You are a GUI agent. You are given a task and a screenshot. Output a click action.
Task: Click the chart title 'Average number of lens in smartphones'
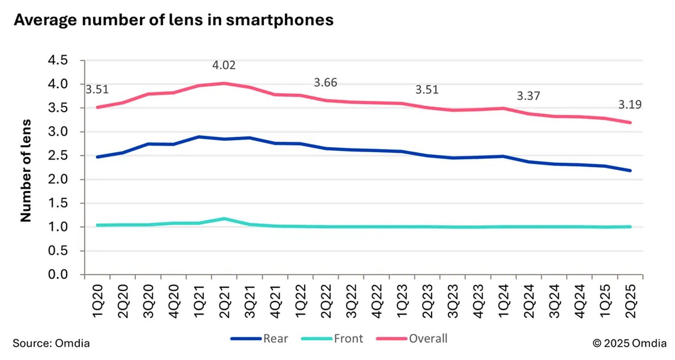pyautogui.click(x=174, y=20)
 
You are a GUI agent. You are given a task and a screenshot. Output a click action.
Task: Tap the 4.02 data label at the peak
pyautogui.click(x=224, y=65)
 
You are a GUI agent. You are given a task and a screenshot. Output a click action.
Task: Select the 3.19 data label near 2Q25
pyautogui.click(x=630, y=105)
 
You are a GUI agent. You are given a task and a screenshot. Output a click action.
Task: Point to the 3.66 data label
pyautogui.click(x=325, y=83)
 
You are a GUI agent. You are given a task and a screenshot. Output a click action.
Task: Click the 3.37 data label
pyautogui.click(x=528, y=96)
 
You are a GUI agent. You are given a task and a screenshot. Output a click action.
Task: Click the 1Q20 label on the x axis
pyautogui.click(x=98, y=301)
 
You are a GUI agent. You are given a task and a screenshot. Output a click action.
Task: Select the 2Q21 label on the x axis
pyautogui.click(x=224, y=301)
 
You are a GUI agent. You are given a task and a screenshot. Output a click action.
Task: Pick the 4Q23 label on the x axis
pyautogui.click(x=478, y=301)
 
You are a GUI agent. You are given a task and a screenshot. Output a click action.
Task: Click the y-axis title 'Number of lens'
pyautogui.click(x=26, y=171)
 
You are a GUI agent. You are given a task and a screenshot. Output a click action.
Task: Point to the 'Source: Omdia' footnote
pyautogui.click(x=51, y=343)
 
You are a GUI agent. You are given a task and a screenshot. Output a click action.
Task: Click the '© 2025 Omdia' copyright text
pyautogui.click(x=629, y=343)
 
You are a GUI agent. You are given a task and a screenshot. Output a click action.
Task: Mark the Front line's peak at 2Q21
pyautogui.click(x=224, y=219)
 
